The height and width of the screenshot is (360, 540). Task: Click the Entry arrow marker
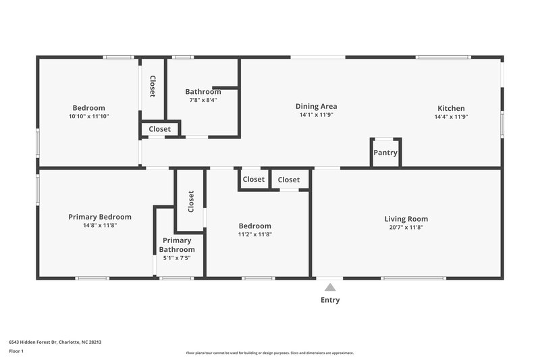[x=330, y=286]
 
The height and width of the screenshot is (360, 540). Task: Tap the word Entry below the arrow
[x=330, y=300]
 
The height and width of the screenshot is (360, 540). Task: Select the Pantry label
[x=386, y=153]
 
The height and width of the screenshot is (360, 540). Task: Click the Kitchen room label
[x=451, y=108]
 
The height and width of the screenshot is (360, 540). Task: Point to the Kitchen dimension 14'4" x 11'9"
[x=451, y=116]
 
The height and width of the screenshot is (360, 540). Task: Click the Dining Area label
[x=316, y=106]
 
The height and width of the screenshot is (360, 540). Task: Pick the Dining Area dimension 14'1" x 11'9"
[x=316, y=115]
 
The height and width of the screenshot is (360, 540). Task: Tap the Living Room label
[x=406, y=219]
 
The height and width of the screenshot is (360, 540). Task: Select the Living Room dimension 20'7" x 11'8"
[x=406, y=227]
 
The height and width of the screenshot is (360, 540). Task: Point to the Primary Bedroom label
[x=100, y=217]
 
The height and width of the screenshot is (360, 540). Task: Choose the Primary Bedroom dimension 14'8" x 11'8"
[x=100, y=225]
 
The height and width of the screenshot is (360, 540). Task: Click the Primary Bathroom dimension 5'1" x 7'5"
[x=177, y=258]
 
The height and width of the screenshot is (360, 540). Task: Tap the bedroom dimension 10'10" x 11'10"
[x=88, y=116]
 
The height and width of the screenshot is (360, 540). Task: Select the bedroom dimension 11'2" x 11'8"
[x=254, y=234]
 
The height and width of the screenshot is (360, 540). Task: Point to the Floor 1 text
[x=16, y=351]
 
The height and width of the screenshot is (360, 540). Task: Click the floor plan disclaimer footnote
[x=269, y=353]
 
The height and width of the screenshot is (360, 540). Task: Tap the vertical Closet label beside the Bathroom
[x=153, y=86]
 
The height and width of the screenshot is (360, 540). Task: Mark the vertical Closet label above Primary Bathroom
[x=191, y=201]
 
